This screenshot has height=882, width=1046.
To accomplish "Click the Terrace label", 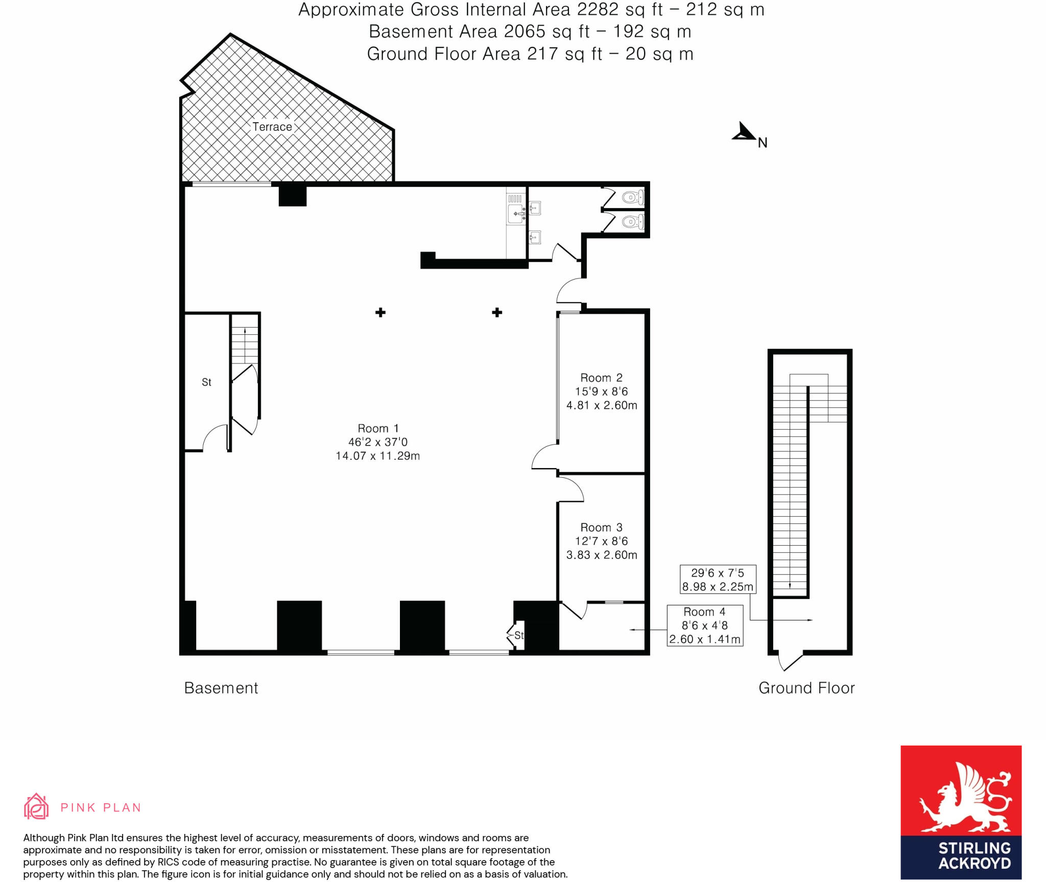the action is (272, 127).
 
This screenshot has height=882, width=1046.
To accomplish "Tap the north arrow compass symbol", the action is (745, 133).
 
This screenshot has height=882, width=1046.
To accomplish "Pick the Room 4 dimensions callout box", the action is (705, 625).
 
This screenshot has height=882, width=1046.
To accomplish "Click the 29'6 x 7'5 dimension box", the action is (718, 579).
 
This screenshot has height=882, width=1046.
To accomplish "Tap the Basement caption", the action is (221, 688).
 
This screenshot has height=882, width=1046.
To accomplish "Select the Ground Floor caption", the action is (806, 688).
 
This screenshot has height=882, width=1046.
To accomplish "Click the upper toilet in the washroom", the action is (633, 197).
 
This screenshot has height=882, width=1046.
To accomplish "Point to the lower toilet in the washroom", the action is (633, 222).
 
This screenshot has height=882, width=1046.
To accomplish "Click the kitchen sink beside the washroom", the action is (516, 214).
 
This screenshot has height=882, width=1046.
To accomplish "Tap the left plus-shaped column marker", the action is (381, 312).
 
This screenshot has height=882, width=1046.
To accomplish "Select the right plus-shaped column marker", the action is (497, 312).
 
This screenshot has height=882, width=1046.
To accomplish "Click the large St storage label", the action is (206, 382).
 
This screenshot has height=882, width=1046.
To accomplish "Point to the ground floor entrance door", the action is (789, 660).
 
